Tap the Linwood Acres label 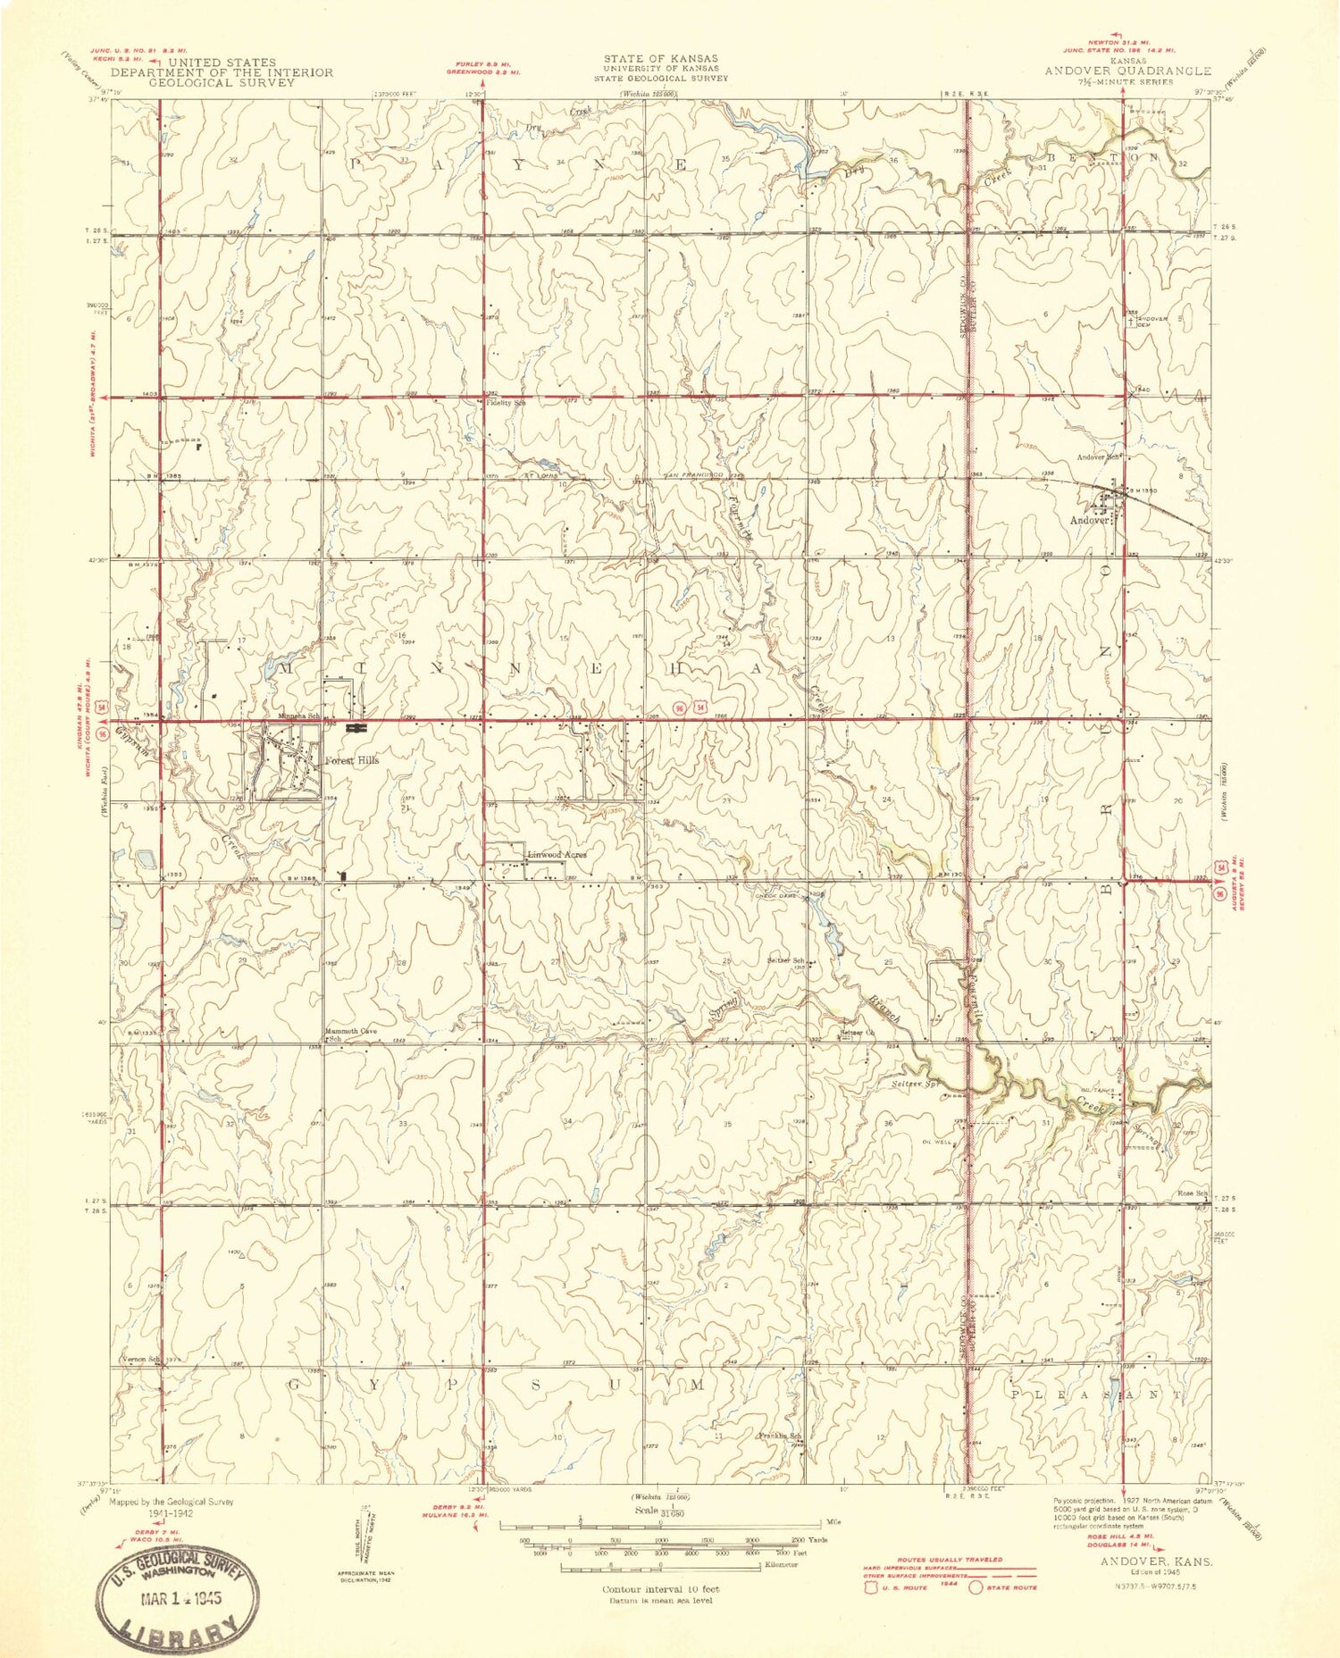tap(557, 855)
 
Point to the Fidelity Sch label tap(506, 404)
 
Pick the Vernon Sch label tap(140, 1360)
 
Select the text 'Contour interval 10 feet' tap(660, 1589)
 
